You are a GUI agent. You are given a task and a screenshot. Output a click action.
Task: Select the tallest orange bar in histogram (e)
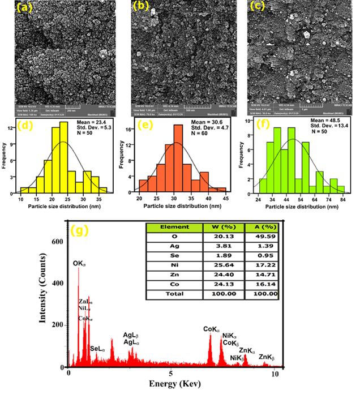[x=178, y=158]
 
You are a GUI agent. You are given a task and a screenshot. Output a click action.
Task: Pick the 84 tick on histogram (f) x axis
[x=342, y=200]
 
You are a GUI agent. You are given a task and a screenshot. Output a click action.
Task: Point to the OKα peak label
[x=79, y=263]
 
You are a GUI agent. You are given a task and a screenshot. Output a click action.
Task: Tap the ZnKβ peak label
[x=268, y=357]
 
